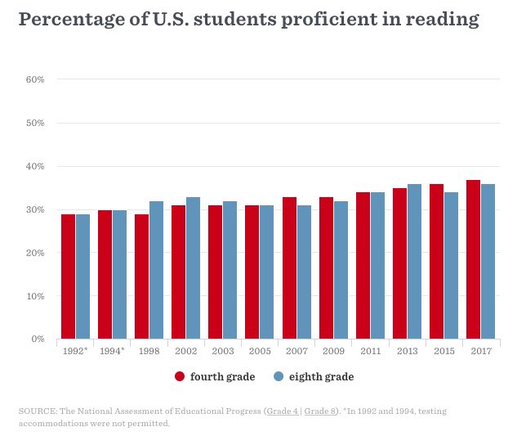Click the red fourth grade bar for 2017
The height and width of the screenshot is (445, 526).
tap(473, 259)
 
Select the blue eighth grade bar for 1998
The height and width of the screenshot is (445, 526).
tap(156, 270)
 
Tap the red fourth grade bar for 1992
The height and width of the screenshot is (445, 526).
tap(68, 276)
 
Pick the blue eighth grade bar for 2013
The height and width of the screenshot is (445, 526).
tap(414, 261)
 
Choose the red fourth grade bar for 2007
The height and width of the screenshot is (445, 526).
tap(289, 267)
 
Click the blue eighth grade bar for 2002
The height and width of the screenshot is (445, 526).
tap(193, 267)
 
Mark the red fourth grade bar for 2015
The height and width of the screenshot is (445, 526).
tap(436, 261)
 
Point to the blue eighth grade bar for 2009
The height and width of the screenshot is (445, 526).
tap(341, 270)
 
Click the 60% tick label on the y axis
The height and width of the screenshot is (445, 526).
tap(34, 79)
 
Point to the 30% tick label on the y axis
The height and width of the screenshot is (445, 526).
tap(34, 209)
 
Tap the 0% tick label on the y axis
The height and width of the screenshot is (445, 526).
tap(37, 339)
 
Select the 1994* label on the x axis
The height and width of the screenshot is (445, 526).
tap(113, 351)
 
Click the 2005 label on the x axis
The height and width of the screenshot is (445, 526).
tap(260, 351)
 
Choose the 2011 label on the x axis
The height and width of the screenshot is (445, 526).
tap(370, 351)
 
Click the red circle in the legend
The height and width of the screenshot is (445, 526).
tap(180, 376)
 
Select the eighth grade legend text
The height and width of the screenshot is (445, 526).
tap(321, 376)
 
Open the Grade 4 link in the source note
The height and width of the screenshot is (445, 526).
tap(283, 411)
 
